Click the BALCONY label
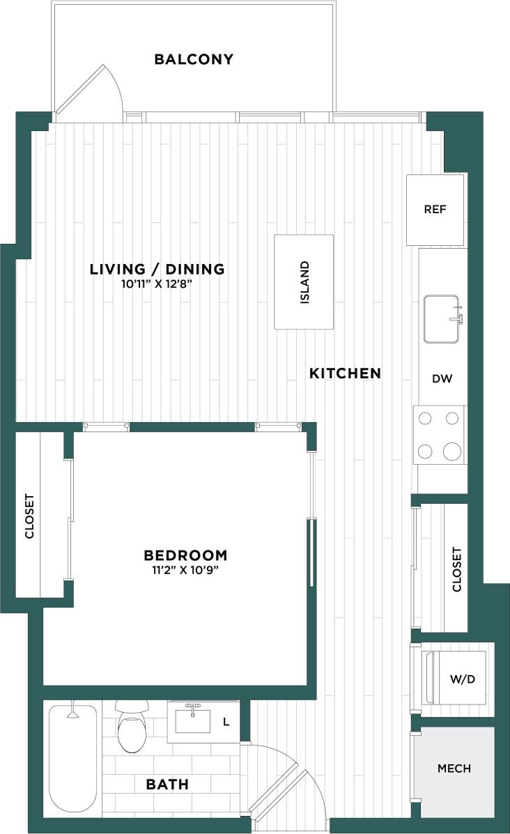click(193, 59)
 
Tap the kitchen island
click(303, 282)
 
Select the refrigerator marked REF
click(435, 209)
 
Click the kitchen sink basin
click(442, 319)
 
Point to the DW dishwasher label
click(442, 379)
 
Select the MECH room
click(454, 769)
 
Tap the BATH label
click(167, 785)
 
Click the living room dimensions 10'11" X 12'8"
click(157, 283)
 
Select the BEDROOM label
click(185, 555)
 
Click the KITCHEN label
click(345, 373)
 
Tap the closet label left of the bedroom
click(29, 516)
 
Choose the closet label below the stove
click(457, 569)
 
